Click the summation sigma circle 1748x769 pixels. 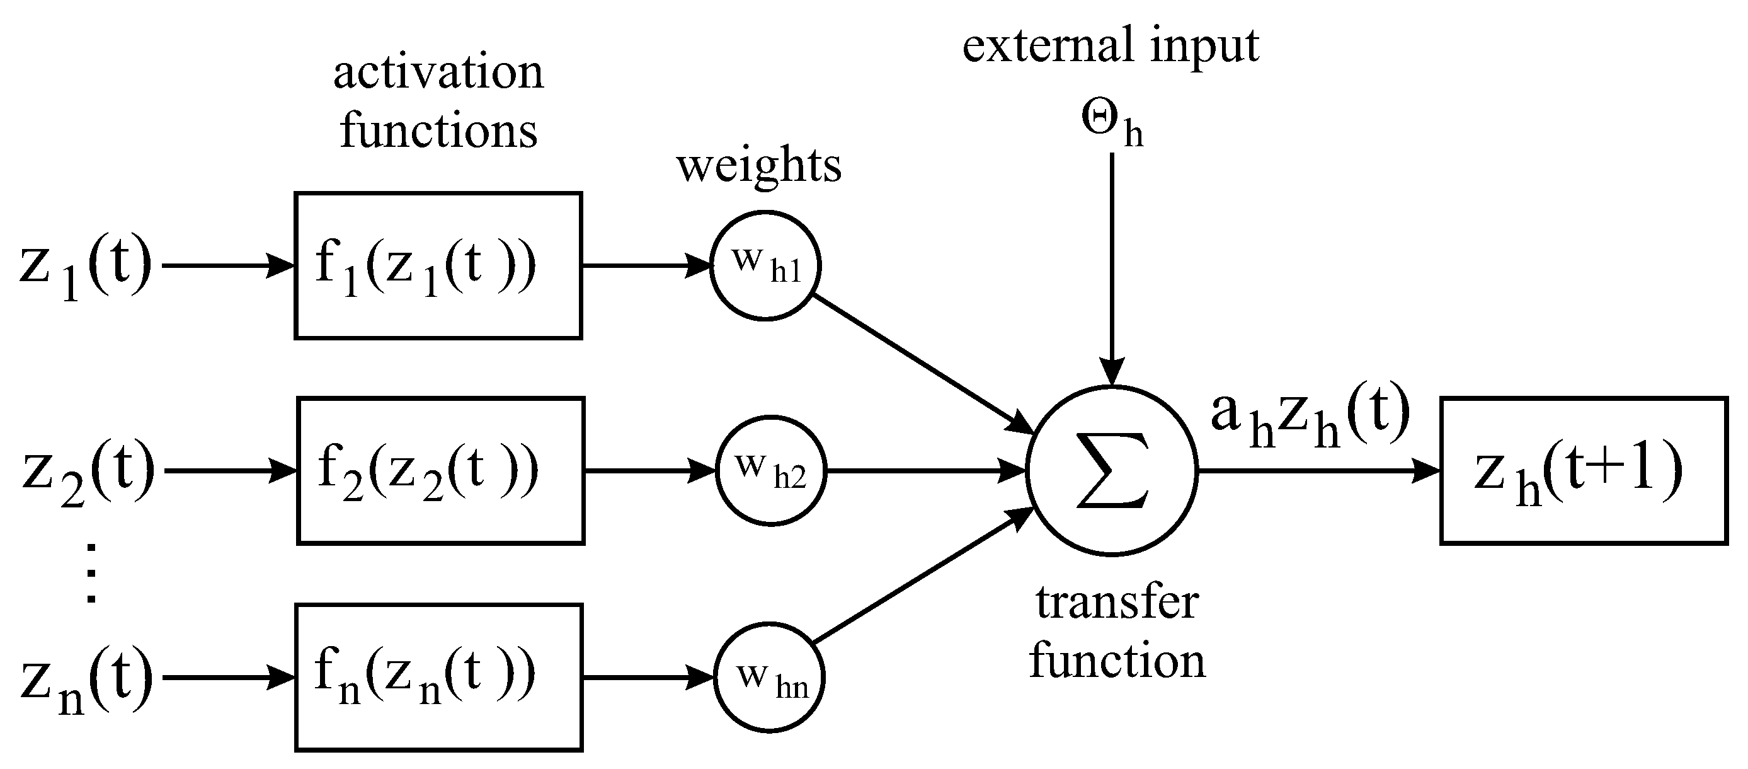tap(1112, 471)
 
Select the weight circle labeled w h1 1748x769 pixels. tap(765, 265)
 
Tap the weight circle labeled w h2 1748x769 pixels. tap(771, 470)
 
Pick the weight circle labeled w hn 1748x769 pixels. tap(770, 678)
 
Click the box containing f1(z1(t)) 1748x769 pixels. tap(438, 265)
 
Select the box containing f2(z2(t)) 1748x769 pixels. tap(440, 470)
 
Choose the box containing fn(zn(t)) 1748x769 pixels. tap(439, 678)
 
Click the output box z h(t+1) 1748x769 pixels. tap(1584, 470)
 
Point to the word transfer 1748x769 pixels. tap(1117, 603)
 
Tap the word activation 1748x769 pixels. tap(438, 72)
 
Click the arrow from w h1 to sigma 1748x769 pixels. tap(923, 364)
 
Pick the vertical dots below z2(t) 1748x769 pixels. tap(91, 574)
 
